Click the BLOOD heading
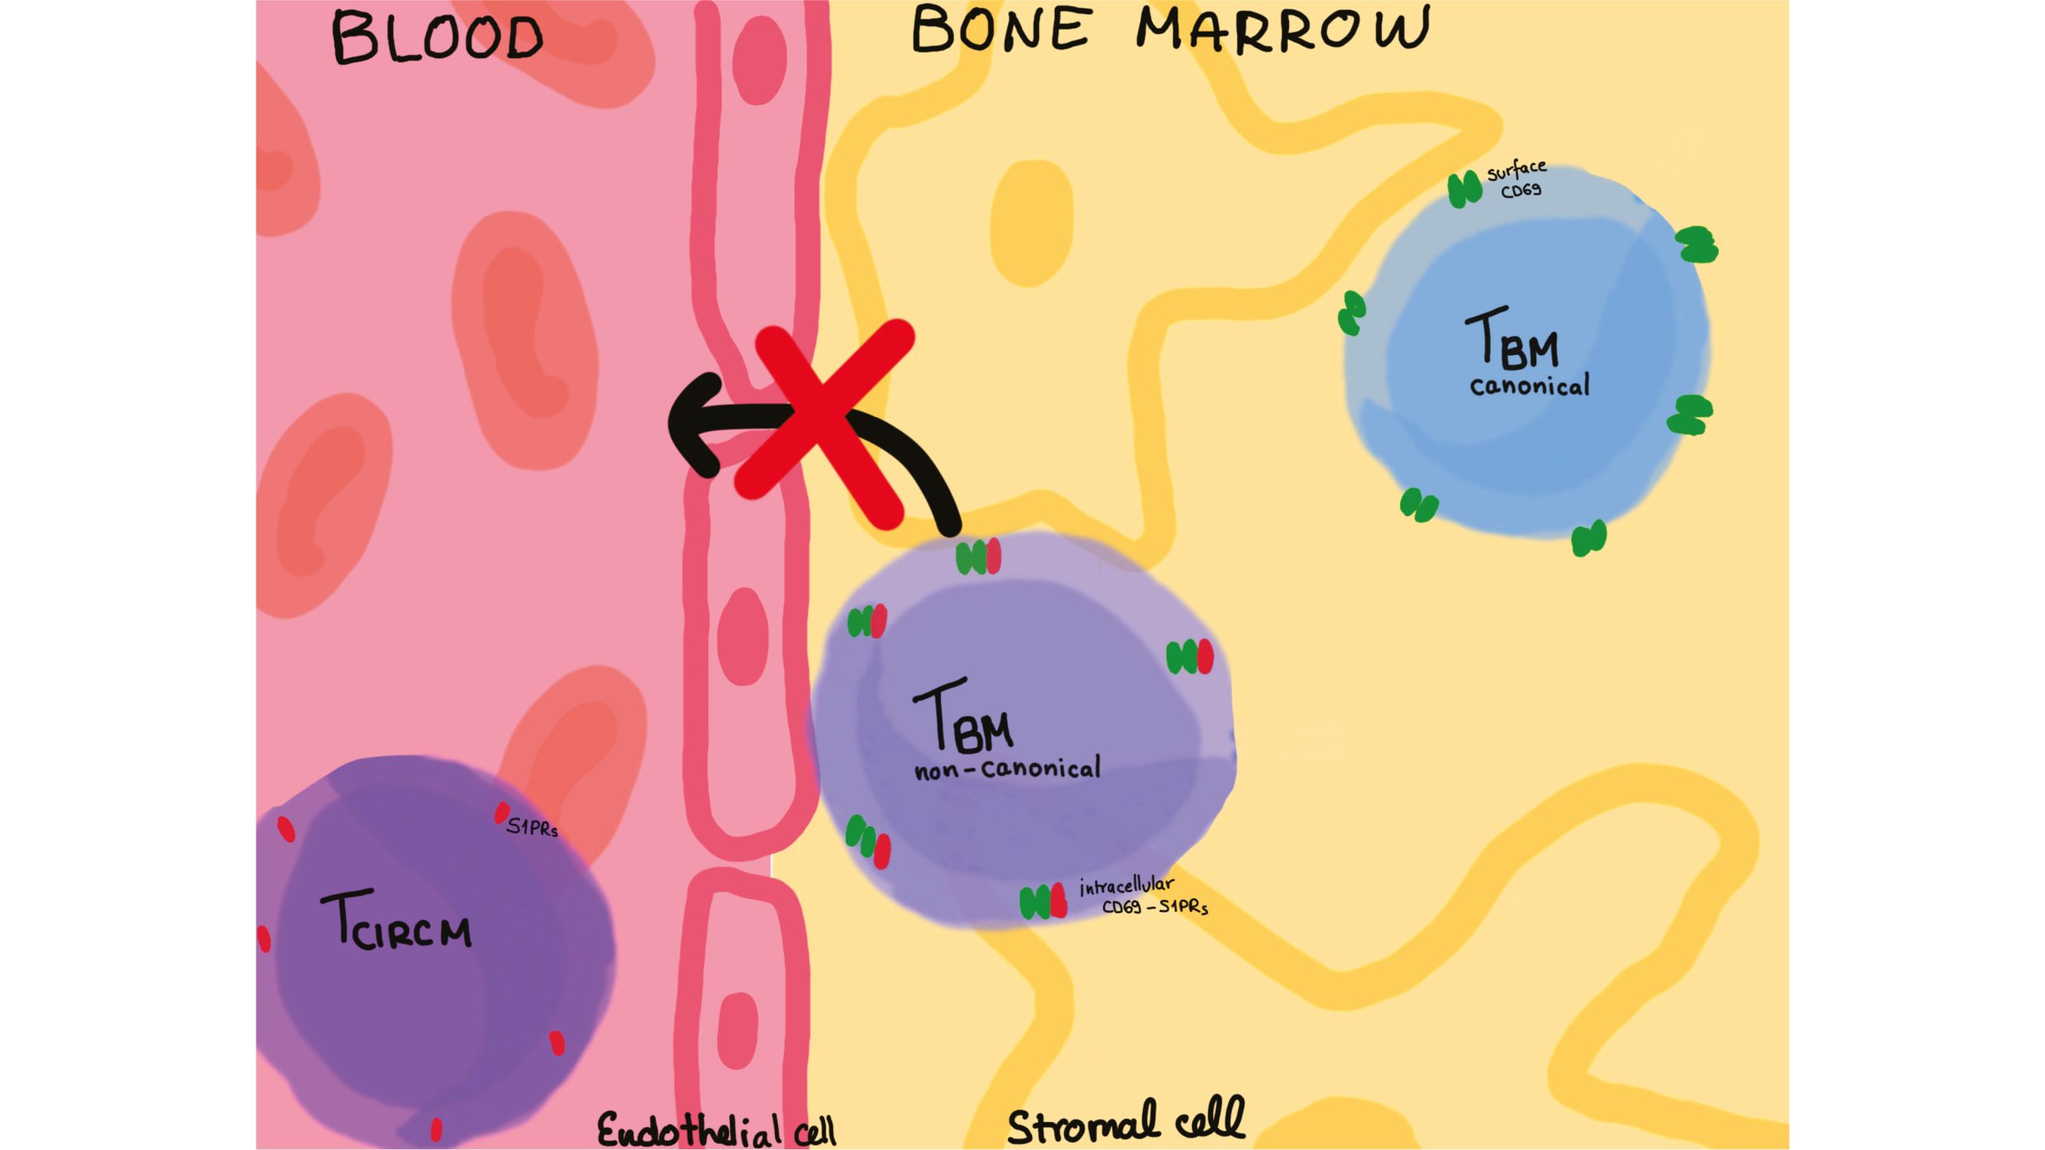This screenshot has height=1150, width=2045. click(x=436, y=38)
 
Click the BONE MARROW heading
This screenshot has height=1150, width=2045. click(x=1170, y=30)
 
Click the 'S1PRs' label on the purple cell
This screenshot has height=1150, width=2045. click(x=532, y=827)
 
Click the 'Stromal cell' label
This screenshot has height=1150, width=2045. click(x=1126, y=1122)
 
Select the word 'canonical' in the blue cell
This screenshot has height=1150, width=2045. click(x=1530, y=387)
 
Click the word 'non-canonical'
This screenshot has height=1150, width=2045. click(x=1007, y=769)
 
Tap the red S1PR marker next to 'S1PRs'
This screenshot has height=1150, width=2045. click(x=502, y=813)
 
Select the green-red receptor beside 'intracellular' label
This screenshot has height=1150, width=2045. click(x=1043, y=902)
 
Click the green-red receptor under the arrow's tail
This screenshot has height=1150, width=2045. click(x=979, y=557)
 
